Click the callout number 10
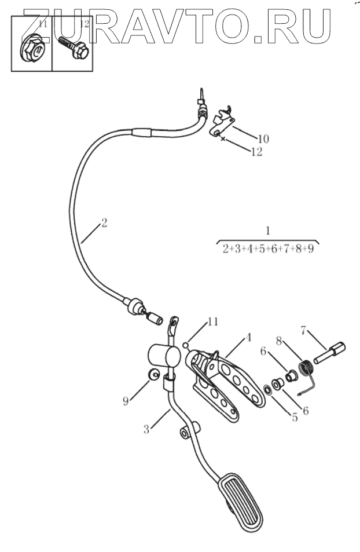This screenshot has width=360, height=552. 263,139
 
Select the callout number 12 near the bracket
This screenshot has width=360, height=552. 256,152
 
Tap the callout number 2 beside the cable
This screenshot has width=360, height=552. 104,222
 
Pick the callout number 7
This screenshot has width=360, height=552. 303,331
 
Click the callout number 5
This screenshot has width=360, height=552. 295,416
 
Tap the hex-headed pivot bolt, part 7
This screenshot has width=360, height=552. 330,352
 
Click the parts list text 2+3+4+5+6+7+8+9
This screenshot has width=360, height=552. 267,250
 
